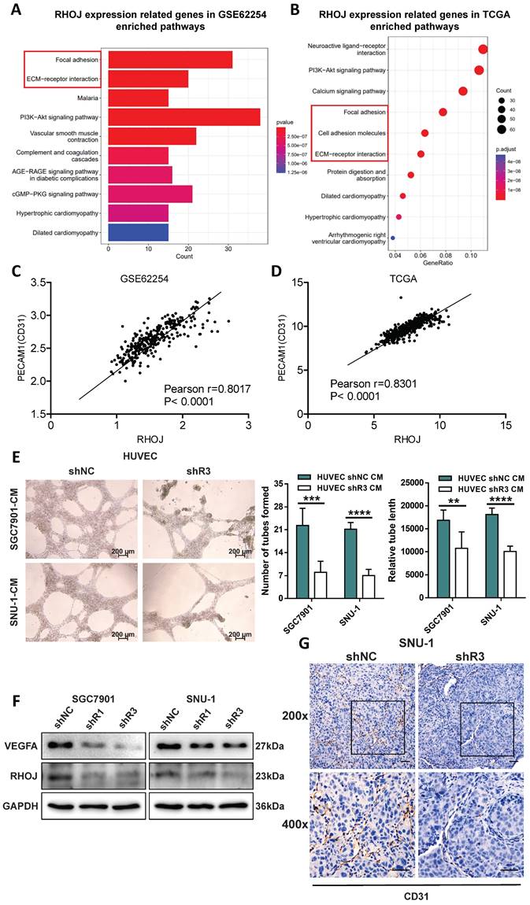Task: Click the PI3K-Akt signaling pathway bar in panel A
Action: coord(184,116)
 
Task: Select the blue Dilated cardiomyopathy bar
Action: coord(139,232)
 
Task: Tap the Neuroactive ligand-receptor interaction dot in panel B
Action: coord(483,50)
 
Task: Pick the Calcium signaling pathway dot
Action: coord(463,91)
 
